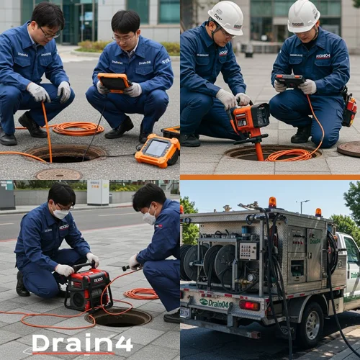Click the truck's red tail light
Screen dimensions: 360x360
click(249, 305)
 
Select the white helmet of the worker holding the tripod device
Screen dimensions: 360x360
click(225, 17)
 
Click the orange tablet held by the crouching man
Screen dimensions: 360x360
click(113, 81)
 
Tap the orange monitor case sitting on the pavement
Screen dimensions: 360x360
click(158, 150)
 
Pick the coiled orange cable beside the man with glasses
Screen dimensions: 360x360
click(78, 129)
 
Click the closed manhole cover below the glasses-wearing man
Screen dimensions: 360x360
click(58, 174)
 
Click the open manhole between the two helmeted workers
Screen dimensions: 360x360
click(271, 152)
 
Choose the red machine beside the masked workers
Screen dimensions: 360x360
click(88, 289)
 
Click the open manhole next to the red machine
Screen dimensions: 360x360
click(119, 317)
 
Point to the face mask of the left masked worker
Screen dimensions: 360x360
click(61, 213)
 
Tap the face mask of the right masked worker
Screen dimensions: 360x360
click(149, 217)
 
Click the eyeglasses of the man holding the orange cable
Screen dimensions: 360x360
click(49, 32)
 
